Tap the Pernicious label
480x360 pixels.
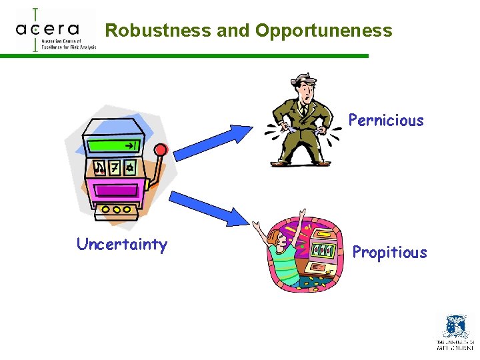tap(386, 121)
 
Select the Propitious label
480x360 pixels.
tap(389, 253)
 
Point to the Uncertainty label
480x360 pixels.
tap(122, 244)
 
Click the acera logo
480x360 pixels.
tap(50, 30)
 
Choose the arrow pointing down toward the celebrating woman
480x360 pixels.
tap(209, 206)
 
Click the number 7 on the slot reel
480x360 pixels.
tap(115, 167)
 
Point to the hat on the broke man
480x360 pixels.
tap(303, 81)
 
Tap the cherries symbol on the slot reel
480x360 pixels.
tap(100, 167)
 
